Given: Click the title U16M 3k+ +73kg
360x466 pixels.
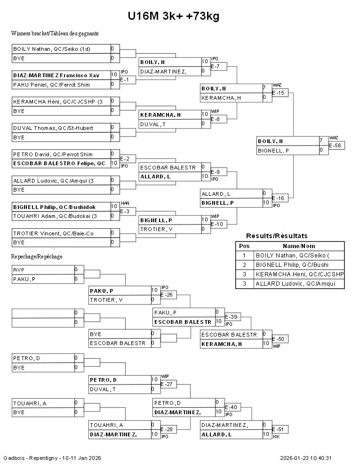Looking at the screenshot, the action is tap(174, 16).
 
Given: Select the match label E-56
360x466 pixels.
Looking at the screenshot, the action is tap(335, 145).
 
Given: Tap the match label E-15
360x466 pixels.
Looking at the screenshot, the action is tap(278, 93).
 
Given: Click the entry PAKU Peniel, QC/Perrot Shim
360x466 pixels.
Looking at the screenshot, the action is tap(51, 85).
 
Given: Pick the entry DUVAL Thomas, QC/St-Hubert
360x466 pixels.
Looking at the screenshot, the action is tap(53, 128).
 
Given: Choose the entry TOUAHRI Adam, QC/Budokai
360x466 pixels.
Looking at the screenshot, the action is tap(55, 216).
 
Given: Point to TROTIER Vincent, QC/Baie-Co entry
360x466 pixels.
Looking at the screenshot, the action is tap(54, 233).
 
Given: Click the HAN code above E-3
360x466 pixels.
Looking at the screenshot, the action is tap(125, 203).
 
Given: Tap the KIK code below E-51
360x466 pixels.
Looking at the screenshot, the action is tap(276, 436).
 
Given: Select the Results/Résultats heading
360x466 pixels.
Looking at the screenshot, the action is tap(277, 236).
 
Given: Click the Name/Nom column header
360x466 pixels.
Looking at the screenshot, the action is tap(299, 246).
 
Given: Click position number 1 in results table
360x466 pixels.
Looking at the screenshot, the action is tap(244, 256).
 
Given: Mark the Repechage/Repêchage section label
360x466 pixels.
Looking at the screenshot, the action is tap(37, 257).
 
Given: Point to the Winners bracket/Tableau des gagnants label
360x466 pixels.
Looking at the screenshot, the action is tap(55, 33).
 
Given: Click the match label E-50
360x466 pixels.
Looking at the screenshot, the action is tap(278, 339).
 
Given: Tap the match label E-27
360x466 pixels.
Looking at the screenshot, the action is tap(167, 384).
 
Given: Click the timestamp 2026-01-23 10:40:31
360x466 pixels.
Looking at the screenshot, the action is tap(305, 458).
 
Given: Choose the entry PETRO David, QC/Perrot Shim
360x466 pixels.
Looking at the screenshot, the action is tap(53, 154).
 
